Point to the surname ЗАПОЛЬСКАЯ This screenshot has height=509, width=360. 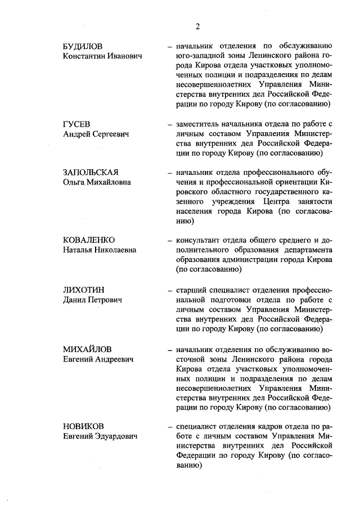click(x=95, y=172)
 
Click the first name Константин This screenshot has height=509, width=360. click(x=85, y=56)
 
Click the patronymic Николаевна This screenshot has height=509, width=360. click(x=114, y=251)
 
